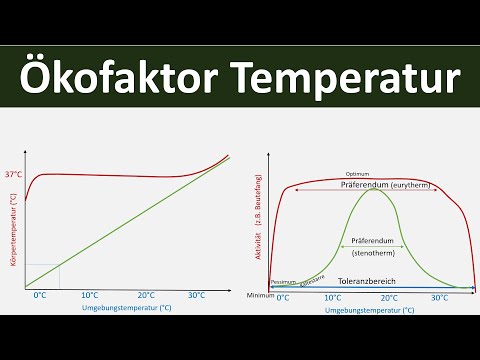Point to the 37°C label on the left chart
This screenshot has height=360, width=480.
tap(14, 174)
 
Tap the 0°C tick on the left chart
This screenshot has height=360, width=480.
tap(40, 296)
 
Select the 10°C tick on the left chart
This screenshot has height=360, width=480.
tap(90, 296)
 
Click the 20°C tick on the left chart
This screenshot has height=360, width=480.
tap(146, 296)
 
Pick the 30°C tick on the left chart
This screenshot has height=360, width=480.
tap(197, 296)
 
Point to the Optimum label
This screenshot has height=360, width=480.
tap(357, 174)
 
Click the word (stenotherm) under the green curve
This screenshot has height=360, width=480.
tap(372, 255)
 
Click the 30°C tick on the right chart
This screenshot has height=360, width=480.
tap(439, 298)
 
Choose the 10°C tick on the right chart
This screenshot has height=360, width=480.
tap(332, 298)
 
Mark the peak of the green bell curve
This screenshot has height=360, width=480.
tap(372, 190)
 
